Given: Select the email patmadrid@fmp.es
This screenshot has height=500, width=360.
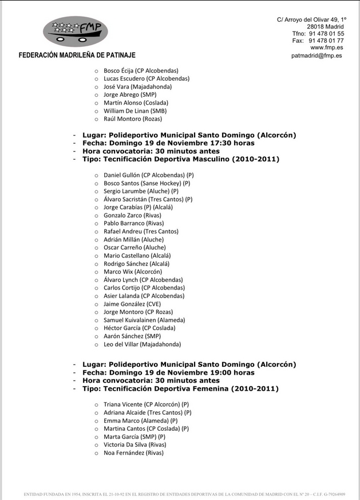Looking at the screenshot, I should [317, 56].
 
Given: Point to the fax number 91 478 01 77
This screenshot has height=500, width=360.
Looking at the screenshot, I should [326, 41].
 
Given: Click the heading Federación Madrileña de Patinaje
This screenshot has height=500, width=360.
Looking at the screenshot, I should [77, 55].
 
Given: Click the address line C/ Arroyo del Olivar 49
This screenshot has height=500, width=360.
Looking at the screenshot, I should [312, 19].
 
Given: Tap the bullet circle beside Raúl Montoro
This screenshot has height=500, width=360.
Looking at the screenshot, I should [96, 119].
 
